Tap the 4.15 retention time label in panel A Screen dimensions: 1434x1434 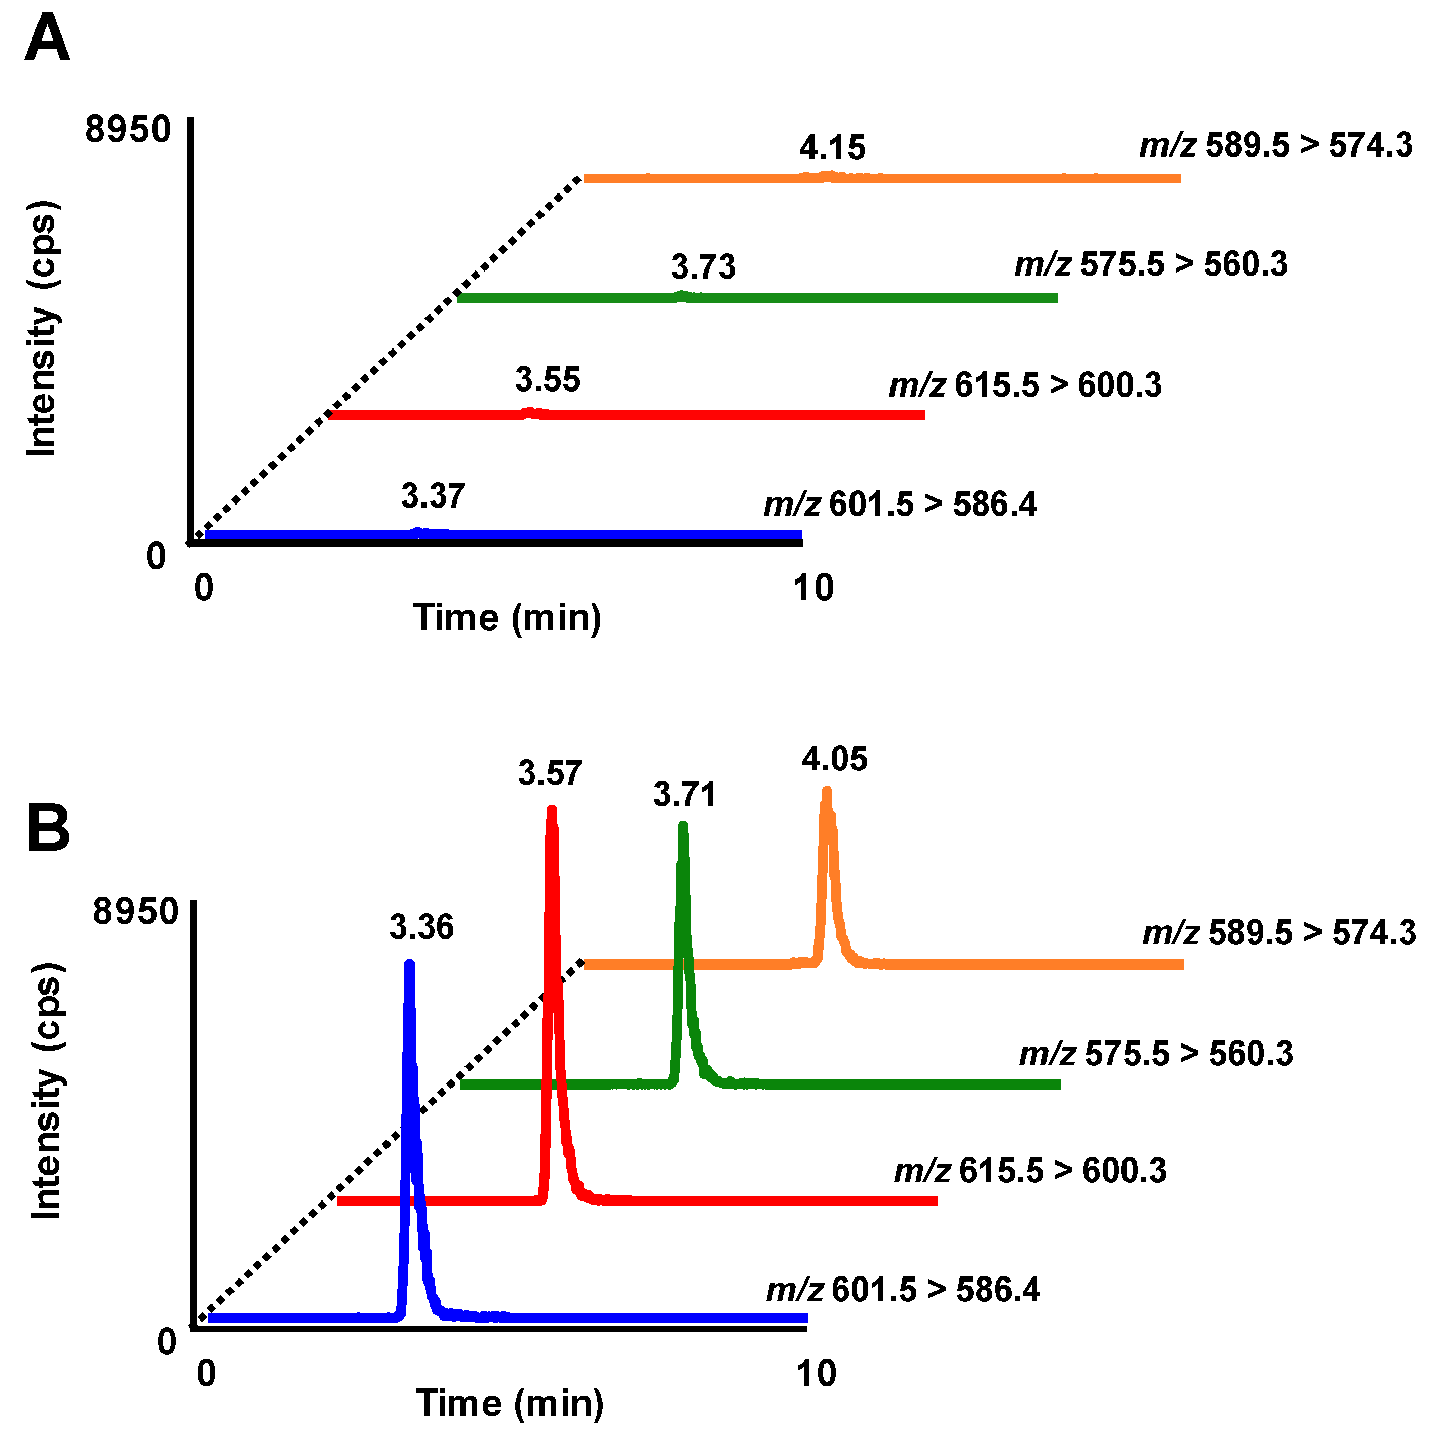(832, 148)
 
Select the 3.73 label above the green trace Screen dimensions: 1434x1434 (703, 266)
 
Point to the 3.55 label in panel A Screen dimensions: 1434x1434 (547, 379)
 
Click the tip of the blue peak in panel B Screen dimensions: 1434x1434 (409, 964)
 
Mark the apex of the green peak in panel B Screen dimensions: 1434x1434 (683, 825)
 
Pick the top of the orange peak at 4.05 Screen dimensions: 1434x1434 (827, 791)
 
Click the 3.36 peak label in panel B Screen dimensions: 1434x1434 (421, 927)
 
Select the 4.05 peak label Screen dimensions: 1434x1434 (834, 759)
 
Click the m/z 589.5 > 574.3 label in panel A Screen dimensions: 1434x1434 (1275, 145)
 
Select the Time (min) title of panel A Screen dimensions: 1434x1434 (507, 617)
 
